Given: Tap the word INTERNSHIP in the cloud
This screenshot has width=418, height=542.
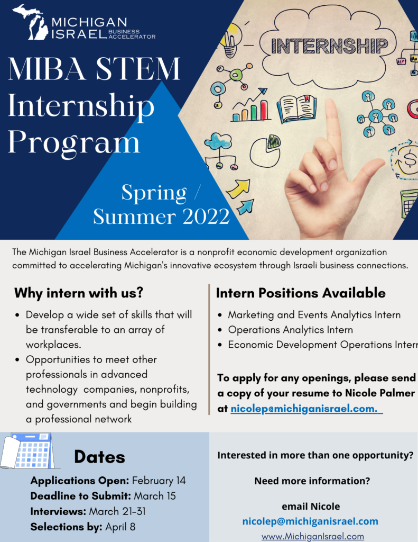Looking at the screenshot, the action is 330,46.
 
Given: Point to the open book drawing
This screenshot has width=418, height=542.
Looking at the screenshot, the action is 296,109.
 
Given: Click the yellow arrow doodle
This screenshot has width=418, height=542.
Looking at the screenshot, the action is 238,188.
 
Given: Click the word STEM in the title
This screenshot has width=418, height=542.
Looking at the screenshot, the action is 138,68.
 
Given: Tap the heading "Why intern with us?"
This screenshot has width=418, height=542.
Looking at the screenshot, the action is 79,293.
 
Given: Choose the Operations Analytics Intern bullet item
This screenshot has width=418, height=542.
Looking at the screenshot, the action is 290,330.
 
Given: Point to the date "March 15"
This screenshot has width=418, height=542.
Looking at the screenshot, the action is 155,496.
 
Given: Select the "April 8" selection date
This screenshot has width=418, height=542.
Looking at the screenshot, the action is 120,527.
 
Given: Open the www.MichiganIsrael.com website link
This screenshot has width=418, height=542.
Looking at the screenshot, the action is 313,536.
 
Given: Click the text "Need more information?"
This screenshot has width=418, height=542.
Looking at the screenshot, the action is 312,481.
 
